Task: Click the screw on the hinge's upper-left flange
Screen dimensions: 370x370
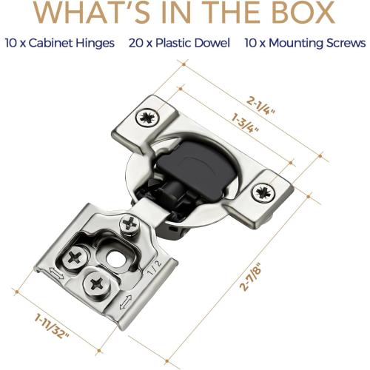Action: point(144,116)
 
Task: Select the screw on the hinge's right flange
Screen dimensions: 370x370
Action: point(263,193)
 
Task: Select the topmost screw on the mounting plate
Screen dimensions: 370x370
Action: point(131,221)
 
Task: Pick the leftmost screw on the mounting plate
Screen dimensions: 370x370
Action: point(76,258)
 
